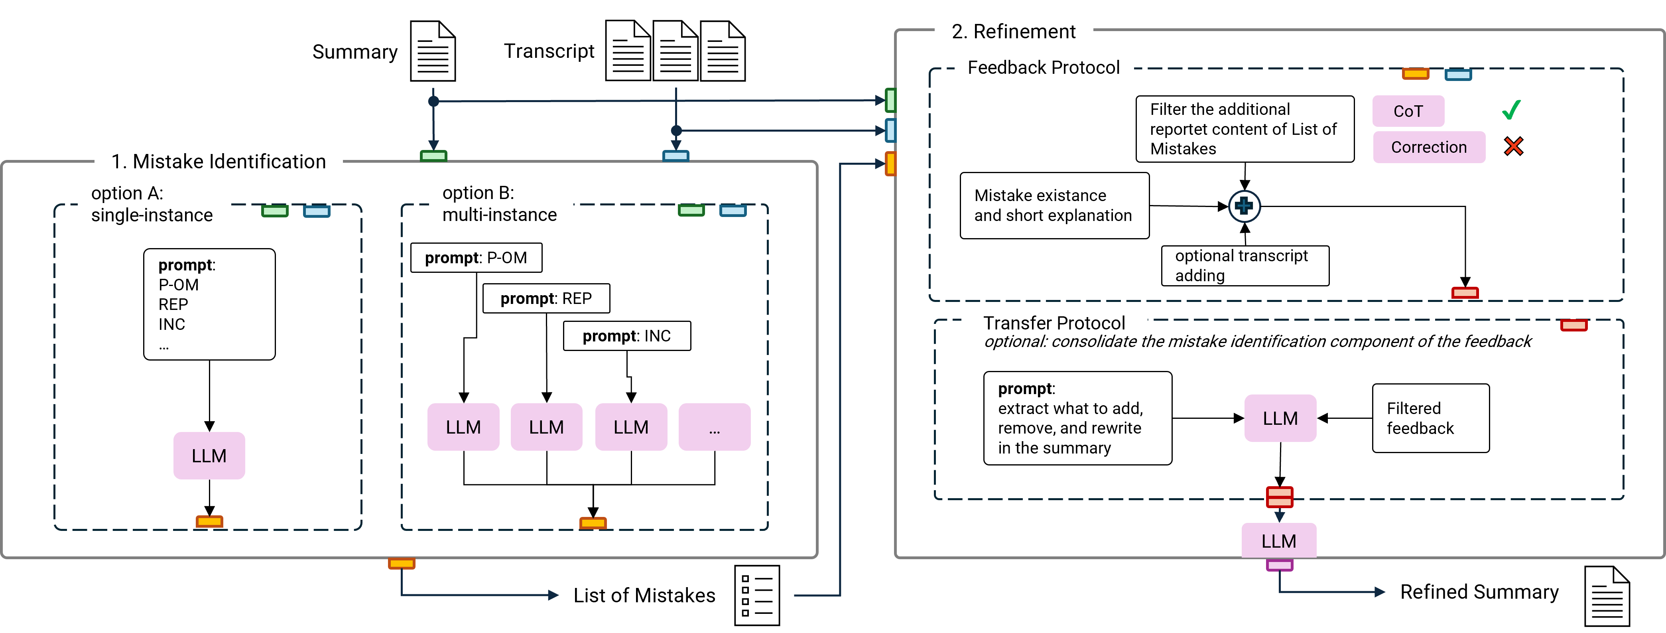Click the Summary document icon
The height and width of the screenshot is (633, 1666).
tap(433, 51)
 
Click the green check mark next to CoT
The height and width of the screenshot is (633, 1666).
tap(1511, 110)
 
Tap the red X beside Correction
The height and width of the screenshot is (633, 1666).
tap(1513, 146)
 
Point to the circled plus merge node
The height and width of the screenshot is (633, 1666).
tap(1245, 207)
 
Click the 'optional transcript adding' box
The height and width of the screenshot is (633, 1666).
tap(1245, 265)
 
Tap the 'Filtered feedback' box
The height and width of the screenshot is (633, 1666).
tap(1431, 418)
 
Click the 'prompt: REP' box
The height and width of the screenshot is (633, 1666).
tap(546, 298)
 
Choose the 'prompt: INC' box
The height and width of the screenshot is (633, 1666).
tap(627, 336)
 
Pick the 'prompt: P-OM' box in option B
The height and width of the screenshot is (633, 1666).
tap(476, 258)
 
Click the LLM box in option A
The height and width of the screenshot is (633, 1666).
tap(209, 456)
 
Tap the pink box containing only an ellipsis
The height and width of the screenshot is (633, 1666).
tap(714, 427)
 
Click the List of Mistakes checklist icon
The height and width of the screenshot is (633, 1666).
tap(757, 596)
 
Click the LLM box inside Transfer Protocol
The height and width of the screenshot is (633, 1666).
tap(1280, 418)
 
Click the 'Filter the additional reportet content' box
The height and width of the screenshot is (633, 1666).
tap(1245, 129)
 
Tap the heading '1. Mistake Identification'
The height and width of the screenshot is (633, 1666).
tap(219, 161)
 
